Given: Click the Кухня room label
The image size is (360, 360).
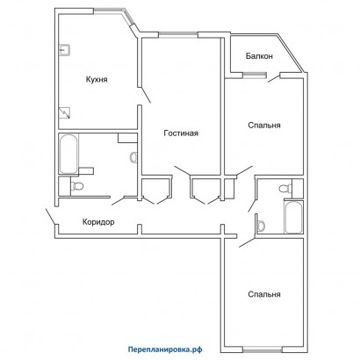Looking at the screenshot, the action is (97, 80).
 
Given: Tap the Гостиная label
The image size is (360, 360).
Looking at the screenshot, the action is (181, 133).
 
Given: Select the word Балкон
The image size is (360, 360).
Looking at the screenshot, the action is (259, 56).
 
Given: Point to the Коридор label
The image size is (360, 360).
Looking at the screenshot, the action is (98, 222).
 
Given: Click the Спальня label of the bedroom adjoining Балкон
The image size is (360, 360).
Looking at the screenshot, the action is (264, 126).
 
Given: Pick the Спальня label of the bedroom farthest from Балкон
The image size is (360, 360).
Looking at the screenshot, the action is (264, 294).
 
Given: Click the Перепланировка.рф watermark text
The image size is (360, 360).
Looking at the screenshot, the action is (165, 349).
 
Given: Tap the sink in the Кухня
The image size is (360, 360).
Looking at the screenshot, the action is (64, 50).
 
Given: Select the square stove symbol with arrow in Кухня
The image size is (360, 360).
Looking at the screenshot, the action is (65, 113).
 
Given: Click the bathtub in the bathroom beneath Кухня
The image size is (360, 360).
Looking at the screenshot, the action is (68, 154).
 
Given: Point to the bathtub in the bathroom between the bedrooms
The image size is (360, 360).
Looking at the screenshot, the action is (293, 217).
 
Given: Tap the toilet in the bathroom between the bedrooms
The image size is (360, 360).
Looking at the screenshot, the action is (285, 189).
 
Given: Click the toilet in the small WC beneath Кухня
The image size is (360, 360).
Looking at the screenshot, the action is (77, 185).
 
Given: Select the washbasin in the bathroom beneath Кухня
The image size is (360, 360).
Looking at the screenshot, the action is (133, 156).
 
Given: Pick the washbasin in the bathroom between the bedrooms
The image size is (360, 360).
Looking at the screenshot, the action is (261, 226).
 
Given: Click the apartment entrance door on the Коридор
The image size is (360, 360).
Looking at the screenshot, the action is (50, 217).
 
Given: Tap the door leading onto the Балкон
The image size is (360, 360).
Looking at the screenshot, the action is (274, 78).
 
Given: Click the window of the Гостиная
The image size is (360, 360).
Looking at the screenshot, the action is (178, 35).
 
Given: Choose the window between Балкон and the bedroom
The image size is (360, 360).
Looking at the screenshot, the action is (255, 76).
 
